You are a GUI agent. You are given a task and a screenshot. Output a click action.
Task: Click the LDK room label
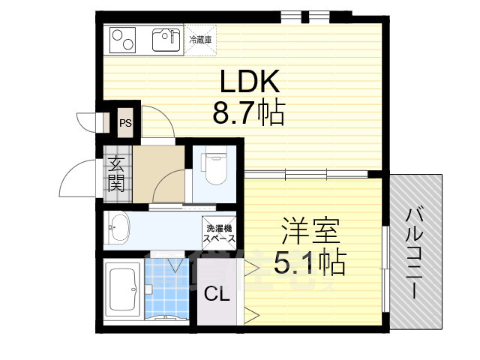tap(249, 81)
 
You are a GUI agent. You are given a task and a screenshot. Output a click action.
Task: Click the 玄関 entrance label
tap(116, 174)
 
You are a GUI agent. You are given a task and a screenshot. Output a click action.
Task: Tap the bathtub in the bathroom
tap(121, 291)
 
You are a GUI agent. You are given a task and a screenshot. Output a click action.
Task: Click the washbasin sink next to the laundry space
tap(119, 228)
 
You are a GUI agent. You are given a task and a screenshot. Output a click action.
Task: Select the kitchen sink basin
tap(166, 39)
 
